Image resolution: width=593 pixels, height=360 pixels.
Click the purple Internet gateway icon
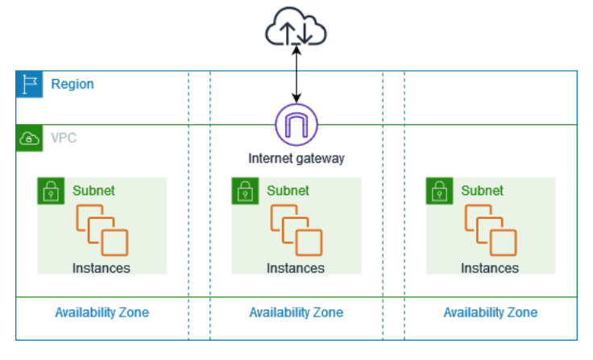click(296, 125)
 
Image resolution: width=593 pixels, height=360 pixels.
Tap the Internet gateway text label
click(296, 159)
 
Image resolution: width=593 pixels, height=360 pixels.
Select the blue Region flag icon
click(30, 85)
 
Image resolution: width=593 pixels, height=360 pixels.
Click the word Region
click(73, 85)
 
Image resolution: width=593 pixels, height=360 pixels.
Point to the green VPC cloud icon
click(30, 139)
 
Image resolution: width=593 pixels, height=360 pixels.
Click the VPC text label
click(64, 139)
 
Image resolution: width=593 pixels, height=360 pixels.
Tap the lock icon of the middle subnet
click(245, 192)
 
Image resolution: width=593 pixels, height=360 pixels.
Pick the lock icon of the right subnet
click(439, 192)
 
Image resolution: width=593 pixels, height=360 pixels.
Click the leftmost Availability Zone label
click(102, 312)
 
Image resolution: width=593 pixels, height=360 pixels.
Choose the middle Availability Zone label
click(296, 312)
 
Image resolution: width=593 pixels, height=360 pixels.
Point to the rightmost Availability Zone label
click(490, 312)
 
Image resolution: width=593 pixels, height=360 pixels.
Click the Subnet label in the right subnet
click(482, 191)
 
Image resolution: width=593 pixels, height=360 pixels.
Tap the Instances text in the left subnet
click(102, 268)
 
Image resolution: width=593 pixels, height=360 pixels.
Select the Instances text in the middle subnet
click(296, 268)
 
